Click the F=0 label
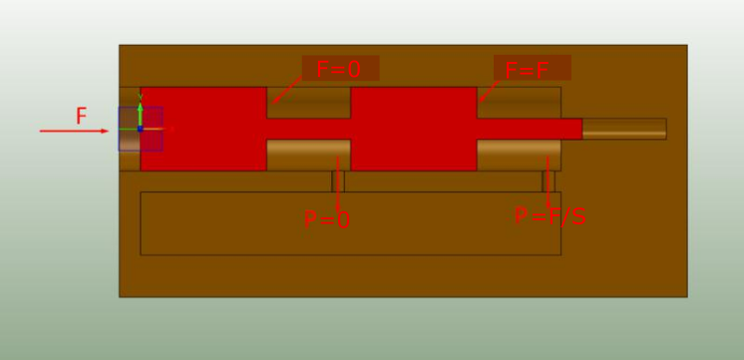pyautogui.click(x=339, y=69)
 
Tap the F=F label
pyautogui.click(x=527, y=70)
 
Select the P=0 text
pyautogui.click(x=327, y=220)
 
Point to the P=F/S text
pyautogui.click(x=551, y=216)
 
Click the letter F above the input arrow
pyautogui.click(x=82, y=117)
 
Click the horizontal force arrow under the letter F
pyautogui.click(x=74, y=131)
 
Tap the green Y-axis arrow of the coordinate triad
pyautogui.click(x=140, y=113)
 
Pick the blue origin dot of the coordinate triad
pyautogui.click(x=140, y=129)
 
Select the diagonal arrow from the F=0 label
pyautogui.click(x=287, y=90)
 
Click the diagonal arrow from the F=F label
pyautogui.click(x=489, y=91)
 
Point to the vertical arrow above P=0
pyautogui.click(x=337, y=184)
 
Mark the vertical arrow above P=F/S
pyautogui.click(x=549, y=182)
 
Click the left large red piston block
pyautogui.click(x=203, y=129)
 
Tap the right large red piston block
pyautogui.click(x=414, y=129)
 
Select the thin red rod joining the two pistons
pyautogui.click(x=309, y=129)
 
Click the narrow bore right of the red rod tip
pyautogui.click(x=624, y=129)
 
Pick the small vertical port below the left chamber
pyautogui.click(x=338, y=181)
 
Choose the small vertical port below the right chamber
pyautogui.click(x=549, y=181)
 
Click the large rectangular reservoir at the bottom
pyautogui.click(x=351, y=223)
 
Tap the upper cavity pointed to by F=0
pyautogui.click(x=309, y=103)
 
